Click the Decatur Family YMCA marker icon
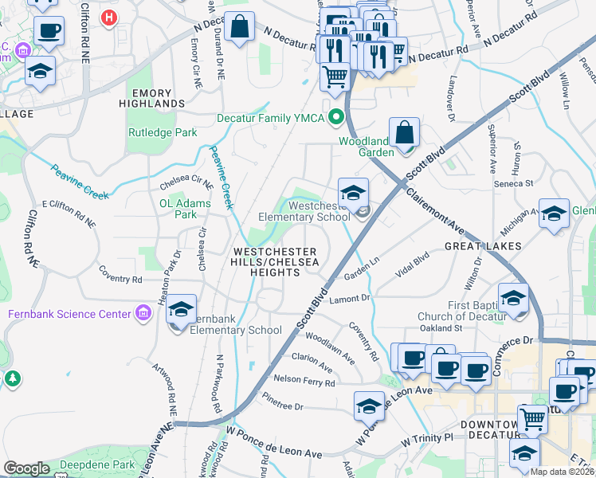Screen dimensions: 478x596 pyautogui.click(x=336, y=118)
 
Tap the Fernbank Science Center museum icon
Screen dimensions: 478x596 pyautogui.click(x=143, y=314)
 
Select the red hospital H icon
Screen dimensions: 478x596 pyautogui.click(x=110, y=15)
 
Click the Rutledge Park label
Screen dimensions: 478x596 pyautogui.click(x=163, y=133)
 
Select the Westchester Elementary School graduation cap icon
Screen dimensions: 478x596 pyautogui.click(x=353, y=193)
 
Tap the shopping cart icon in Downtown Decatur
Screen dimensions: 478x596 pyautogui.click(x=532, y=418)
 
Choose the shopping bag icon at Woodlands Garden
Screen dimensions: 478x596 pyautogui.click(x=405, y=131)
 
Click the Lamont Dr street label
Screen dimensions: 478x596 pyautogui.click(x=351, y=298)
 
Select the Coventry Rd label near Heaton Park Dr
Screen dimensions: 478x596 pyautogui.click(x=120, y=280)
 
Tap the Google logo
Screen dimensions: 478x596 pyautogui.click(x=27, y=468)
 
